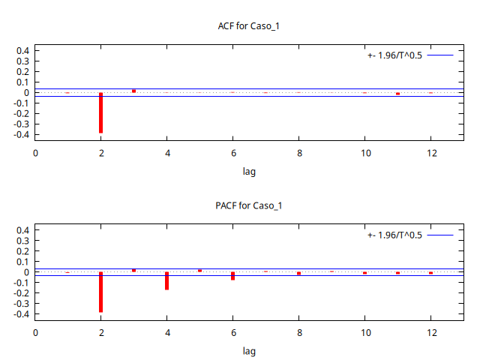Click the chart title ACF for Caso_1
[x=248, y=26]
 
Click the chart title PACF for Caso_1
[x=248, y=205]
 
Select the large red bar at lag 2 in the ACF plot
[x=100, y=112]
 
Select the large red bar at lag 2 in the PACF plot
[x=100, y=292]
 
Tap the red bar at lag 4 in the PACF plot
[x=166, y=280]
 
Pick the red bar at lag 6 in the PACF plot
[x=232, y=276]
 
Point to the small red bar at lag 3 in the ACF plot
[x=133, y=91]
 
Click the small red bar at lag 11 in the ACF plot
[x=397, y=94]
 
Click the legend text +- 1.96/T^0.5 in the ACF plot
[x=394, y=55]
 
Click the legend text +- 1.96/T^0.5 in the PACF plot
[x=394, y=235]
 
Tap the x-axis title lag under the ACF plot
[x=249, y=171]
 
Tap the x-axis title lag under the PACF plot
[x=249, y=350]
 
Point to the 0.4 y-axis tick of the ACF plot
[x=22, y=51]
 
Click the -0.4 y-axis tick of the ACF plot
[x=21, y=135]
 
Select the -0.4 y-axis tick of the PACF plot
[x=21, y=314]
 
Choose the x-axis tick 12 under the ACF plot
[x=430, y=154]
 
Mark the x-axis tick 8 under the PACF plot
[x=298, y=333]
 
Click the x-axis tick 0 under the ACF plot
[x=35, y=154]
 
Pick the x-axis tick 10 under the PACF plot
[x=364, y=333]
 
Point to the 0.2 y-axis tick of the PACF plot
[x=22, y=251]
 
